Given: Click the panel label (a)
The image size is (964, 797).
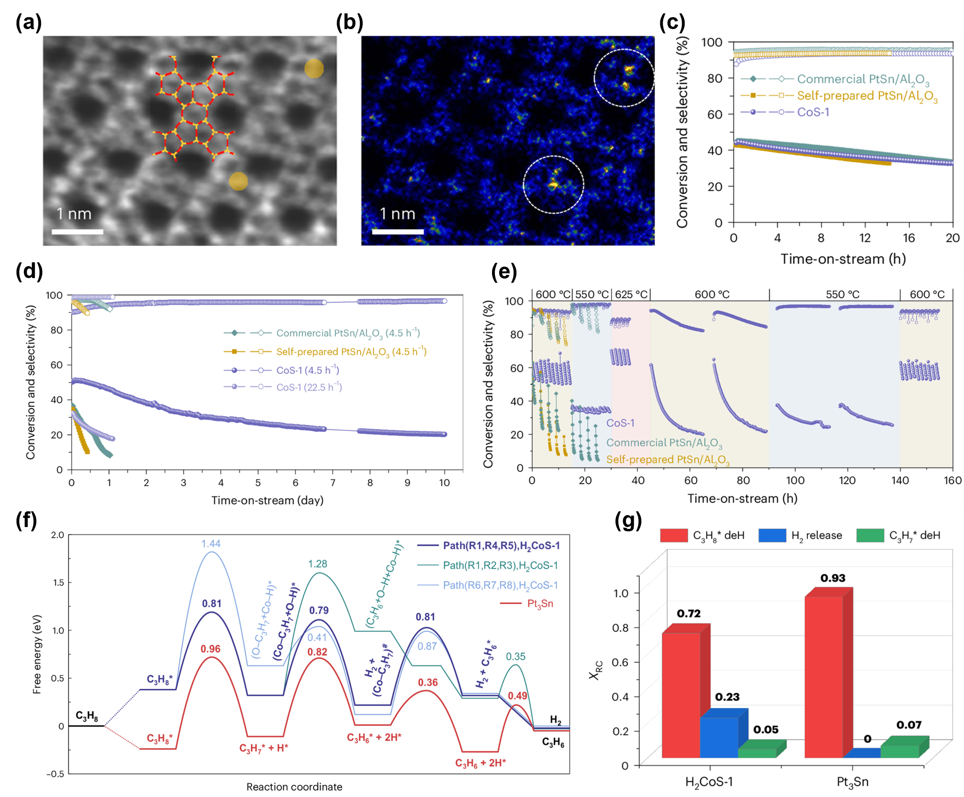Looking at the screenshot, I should [x=29, y=22].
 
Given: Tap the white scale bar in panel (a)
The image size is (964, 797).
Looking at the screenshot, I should [x=77, y=232].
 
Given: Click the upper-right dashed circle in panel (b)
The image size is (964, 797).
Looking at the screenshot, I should [x=624, y=78].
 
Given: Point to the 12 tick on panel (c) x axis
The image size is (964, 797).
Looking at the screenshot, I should [x=865, y=238].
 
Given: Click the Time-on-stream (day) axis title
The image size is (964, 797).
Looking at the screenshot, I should [x=267, y=500].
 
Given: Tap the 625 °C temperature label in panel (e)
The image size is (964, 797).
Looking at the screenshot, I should [x=631, y=294].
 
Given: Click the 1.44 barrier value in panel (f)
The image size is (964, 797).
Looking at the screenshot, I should [x=211, y=544].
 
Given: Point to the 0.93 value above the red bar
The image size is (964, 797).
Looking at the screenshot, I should [x=832, y=578].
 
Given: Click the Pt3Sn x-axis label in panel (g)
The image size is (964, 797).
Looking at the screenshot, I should [x=852, y=782].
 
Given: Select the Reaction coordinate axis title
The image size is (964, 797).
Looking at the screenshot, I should [x=294, y=787].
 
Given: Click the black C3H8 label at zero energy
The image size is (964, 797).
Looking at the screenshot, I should [x=87, y=716].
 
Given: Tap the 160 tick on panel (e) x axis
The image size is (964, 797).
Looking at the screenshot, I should [x=952, y=480].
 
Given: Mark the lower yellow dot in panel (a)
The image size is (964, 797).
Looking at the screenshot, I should [x=238, y=181].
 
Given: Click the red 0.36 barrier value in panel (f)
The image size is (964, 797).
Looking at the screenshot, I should [x=428, y=683].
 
